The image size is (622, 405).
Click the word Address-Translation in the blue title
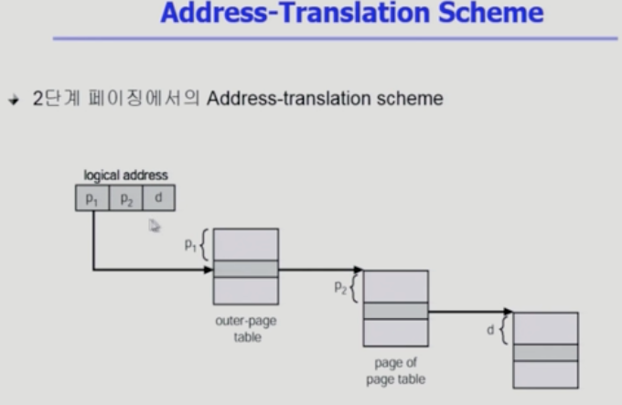[295, 13]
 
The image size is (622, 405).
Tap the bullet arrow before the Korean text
[14, 100]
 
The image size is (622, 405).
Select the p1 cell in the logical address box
[92, 197]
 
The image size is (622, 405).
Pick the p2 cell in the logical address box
[125, 197]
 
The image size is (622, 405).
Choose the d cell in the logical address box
[158, 197]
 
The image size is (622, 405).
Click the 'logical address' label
[125, 176]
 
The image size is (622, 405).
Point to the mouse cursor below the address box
[155, 226]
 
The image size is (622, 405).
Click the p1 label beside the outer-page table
[190, 246]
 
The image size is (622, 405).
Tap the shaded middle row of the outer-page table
[246, 269]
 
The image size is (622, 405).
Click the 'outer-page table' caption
[246, 329]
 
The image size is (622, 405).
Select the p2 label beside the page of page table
[340, 287]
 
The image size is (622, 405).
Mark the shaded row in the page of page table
[396, 311]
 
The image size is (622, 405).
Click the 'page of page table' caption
[396, 371]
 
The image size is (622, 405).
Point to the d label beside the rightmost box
[490, 330]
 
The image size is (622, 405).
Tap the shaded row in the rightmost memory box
[546, 353]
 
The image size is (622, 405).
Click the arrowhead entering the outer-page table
[209, 270]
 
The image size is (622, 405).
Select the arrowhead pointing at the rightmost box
[509, 312]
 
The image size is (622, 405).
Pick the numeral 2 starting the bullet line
[38, 98]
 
